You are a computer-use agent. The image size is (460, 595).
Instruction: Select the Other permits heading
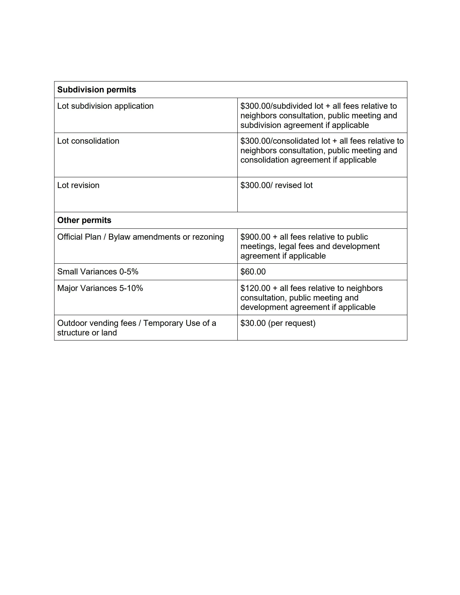(84, 220)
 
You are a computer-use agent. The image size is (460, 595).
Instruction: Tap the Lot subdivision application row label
(105, 106)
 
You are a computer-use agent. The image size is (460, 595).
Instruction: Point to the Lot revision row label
(78, 185)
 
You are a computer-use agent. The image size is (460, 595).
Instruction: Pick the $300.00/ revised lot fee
(276, 185)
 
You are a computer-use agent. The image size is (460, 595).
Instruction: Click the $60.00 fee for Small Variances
(253, 272)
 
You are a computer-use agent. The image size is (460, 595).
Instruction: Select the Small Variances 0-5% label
(98, 272)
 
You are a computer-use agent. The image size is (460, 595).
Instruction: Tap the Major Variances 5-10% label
(100, 288)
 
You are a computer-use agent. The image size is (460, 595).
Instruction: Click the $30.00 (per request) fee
(278, 323)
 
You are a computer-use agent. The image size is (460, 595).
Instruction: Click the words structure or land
(87, 333)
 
